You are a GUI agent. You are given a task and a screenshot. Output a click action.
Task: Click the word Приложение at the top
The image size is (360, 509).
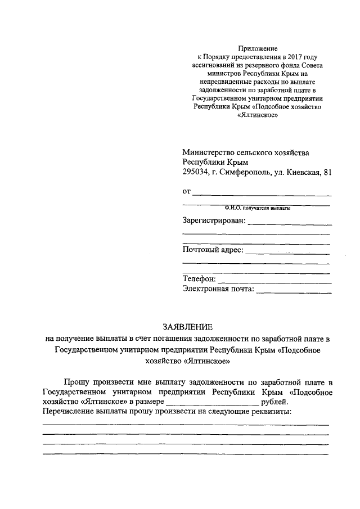pyautogui.click(x=258, y=49)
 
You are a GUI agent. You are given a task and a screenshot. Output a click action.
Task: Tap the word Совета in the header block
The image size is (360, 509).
pyautogui.click(x=310, y=65)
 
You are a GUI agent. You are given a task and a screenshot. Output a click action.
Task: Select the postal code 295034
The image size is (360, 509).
pyautogui.click(x=195, y=172)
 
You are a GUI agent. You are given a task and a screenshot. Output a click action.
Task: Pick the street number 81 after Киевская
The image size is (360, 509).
pyautogui.click(x=327, y=172)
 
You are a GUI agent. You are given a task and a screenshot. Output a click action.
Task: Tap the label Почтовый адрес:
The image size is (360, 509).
pyautogui.click(x=213, y=249)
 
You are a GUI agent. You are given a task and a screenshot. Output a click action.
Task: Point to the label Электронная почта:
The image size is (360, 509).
pyautogui.click(x=218, y=290)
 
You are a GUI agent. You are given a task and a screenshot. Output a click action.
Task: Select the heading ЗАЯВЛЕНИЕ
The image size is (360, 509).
pyautogui.click(x=187, y=327)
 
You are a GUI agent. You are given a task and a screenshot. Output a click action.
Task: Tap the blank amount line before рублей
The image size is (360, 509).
pyautogui.click(x=213, y=404)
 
